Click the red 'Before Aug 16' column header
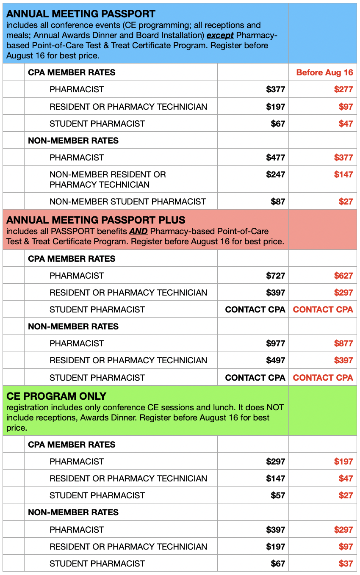pyautogui.click(x=324, y=72)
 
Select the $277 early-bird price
pyautogui.click(x=343, y=89)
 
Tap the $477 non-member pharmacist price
pyautogui.click(x=275, y=158)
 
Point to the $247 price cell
pyautogui.click(x=275, y=174)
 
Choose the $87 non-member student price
pyautogui.click(x=278, y=202)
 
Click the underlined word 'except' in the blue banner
pyautogui.click(x=220, y=36)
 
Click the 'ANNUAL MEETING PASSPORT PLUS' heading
pyautogui.click(x=96, y=220)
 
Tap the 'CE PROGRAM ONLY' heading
pyautogui.click(x=56, y=396)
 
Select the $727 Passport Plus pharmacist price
pyautogui.click(x=275, y=276)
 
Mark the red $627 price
pyautogui.click(x=343, y=276)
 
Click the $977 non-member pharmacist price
pyautogui.click(x=275, y=343)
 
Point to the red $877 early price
pyautogui.click(x=343, y=343)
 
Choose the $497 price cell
pyautogui.click(x=275, y=360)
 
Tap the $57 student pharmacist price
pyautogui.click(x=278, y=495)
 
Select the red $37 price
pyautogui.click(x=346, y=564)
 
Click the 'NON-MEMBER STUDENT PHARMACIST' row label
pyautogui.click(x=127, y=202)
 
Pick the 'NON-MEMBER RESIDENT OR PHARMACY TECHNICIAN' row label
pyautogui.click(x=108, y=180)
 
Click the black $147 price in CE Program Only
pyautogui.click(x=275, y=478)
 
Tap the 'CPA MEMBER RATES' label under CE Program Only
pyautogui.click(x=72, y=445)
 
